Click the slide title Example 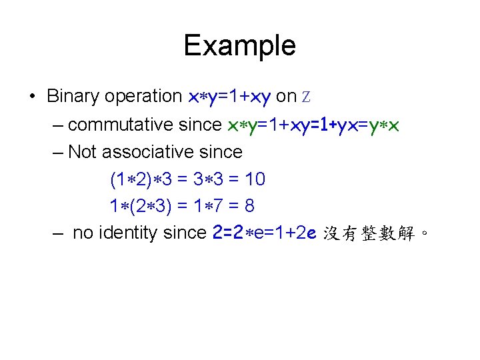(x=239, y=46)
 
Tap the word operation (x=145, y=97)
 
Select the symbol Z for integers (x=307, y=97)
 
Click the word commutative (x=145, y=125)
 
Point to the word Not (x=83, y=152)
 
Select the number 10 (x=255, y=179)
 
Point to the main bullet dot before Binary (x=33, y=97)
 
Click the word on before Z (x=286, y=97)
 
